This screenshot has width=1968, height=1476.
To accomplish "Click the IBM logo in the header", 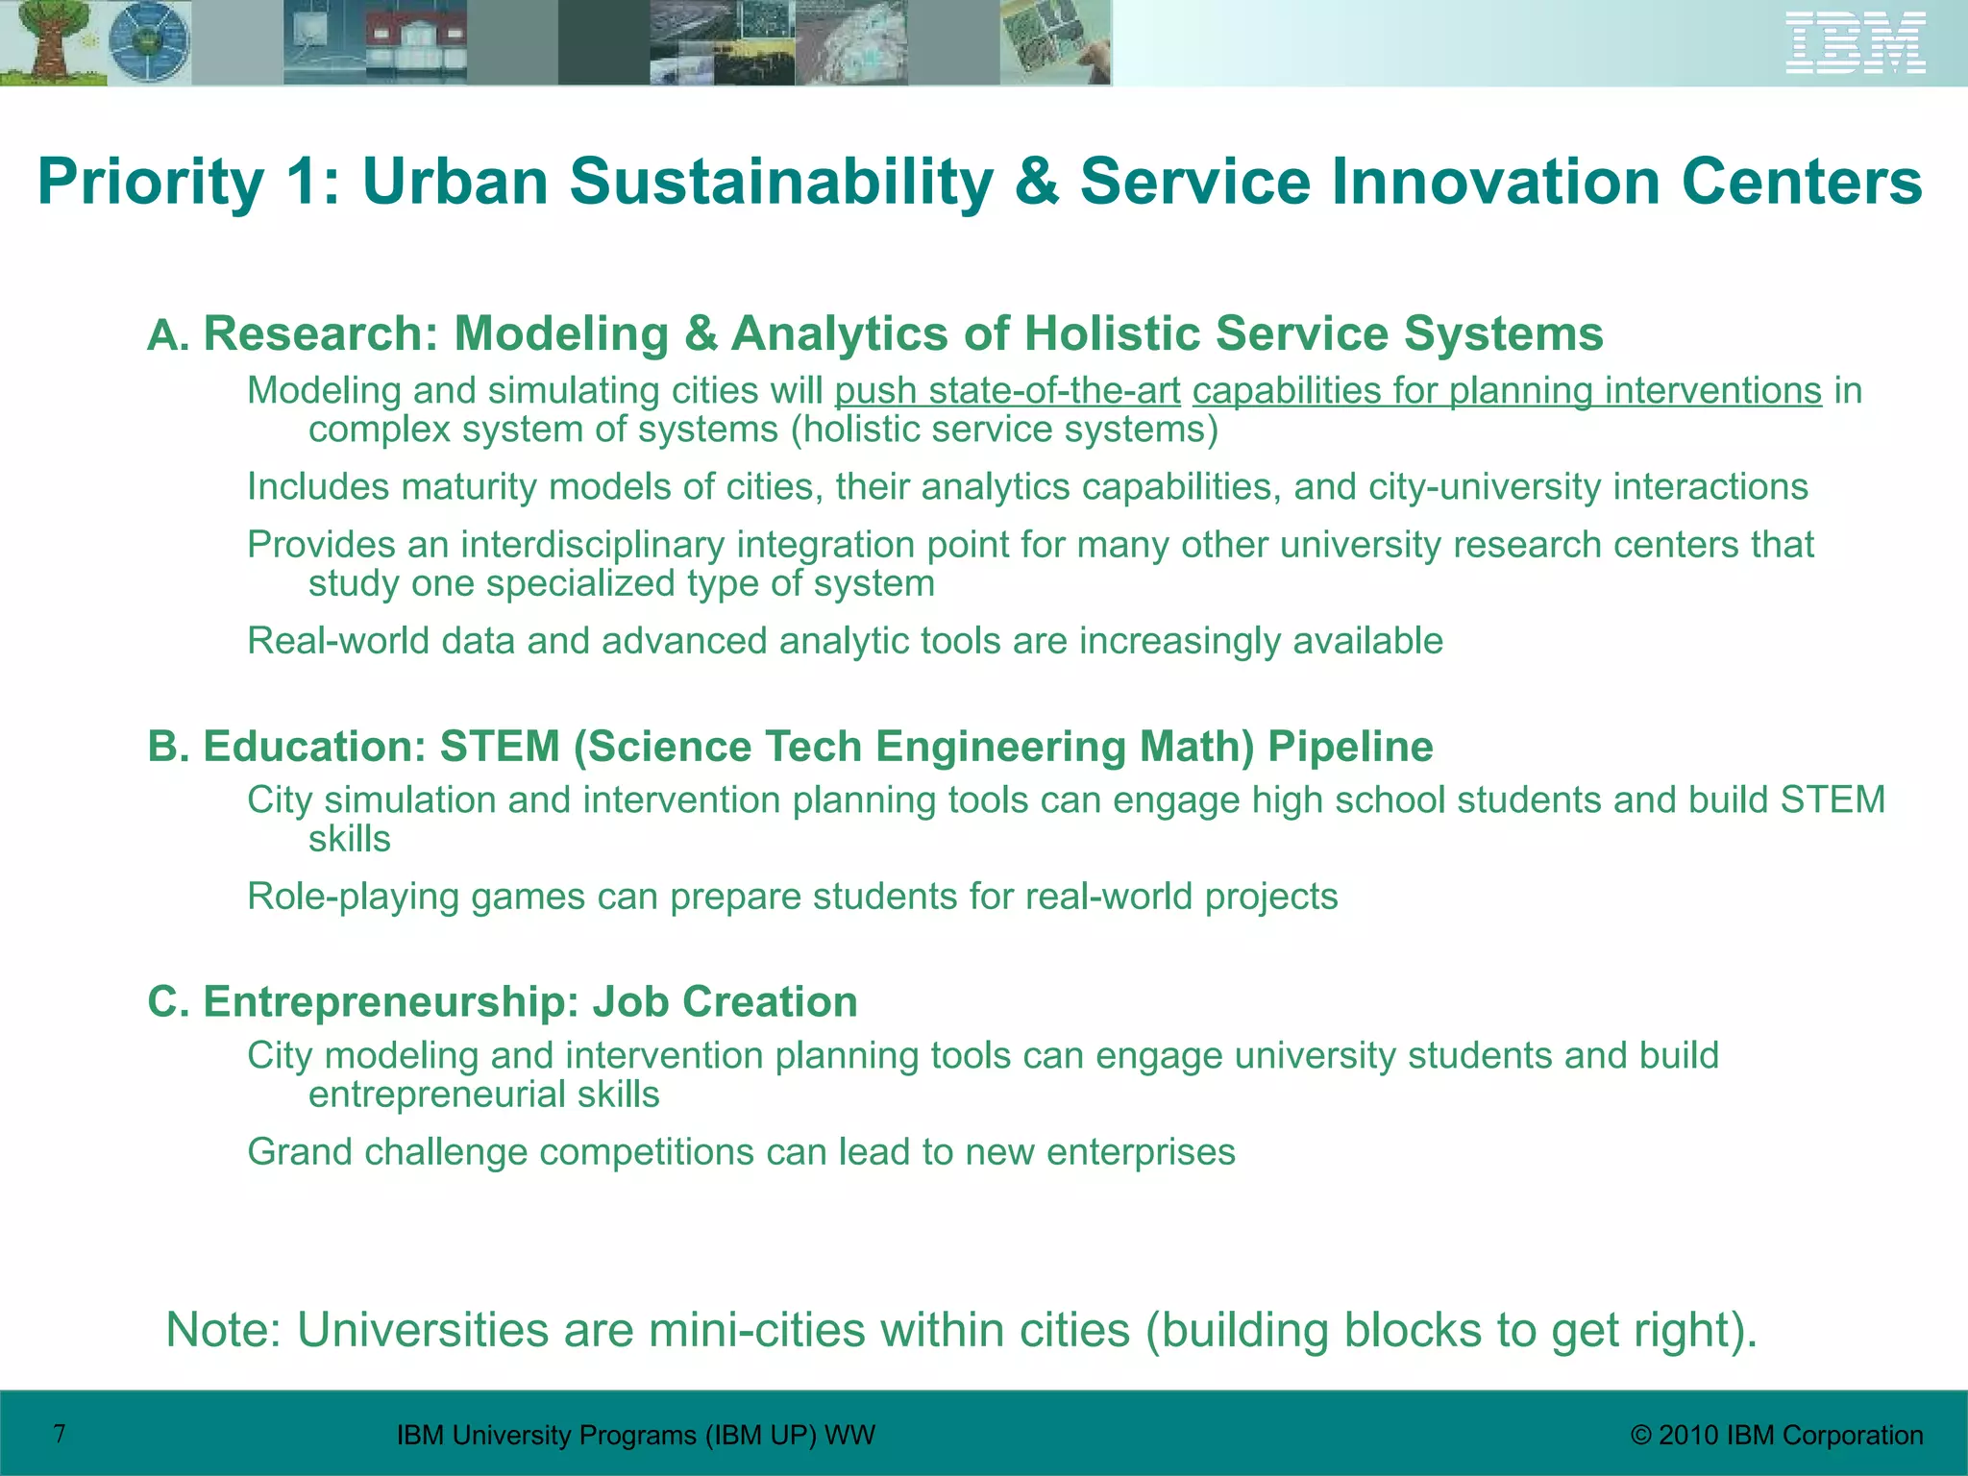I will tap(1856, 42).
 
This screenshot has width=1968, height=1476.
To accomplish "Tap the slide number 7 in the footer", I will tap(60, 1434).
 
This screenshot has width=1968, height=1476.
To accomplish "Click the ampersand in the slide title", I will tap(1036, 181).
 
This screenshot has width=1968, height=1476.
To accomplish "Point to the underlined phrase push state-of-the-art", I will tap(1007, 391).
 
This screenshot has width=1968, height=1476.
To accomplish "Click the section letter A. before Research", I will tap(169, 336).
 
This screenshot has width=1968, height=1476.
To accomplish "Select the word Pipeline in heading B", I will tap(1350, 747).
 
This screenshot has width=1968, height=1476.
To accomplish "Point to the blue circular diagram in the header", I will tap(149, 42).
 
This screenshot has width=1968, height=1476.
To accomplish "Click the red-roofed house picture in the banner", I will tap(415, 42).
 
